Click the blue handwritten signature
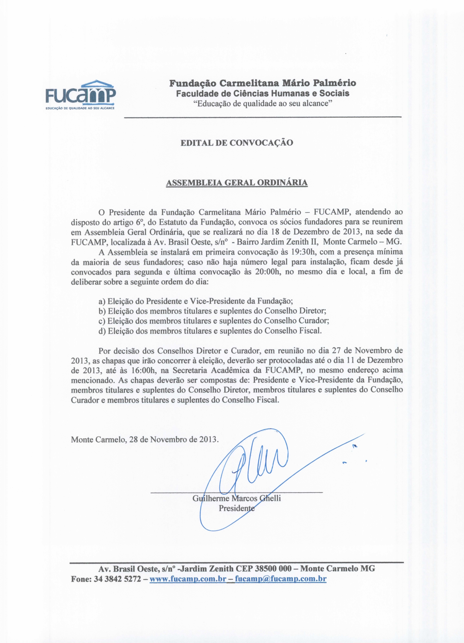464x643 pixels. tap(255, 465)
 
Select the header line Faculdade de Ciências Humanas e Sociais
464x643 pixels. tap(263, 93)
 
